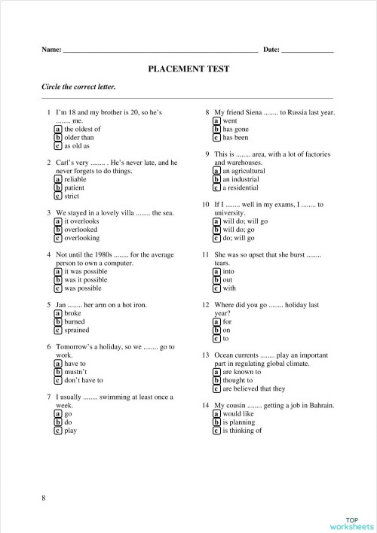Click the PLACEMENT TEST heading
coord(188,69)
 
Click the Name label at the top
coord(51,50)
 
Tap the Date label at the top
coord(271,50)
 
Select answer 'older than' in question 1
coord(78,138)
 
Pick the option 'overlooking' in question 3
coord(81,238)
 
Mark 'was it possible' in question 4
coord(87,279)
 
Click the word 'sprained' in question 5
coord(77,330)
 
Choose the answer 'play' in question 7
coord(71,431)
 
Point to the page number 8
coord(44,498)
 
